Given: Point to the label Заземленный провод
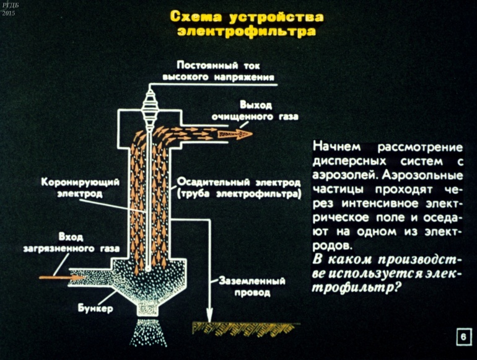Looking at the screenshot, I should (252, 286).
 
